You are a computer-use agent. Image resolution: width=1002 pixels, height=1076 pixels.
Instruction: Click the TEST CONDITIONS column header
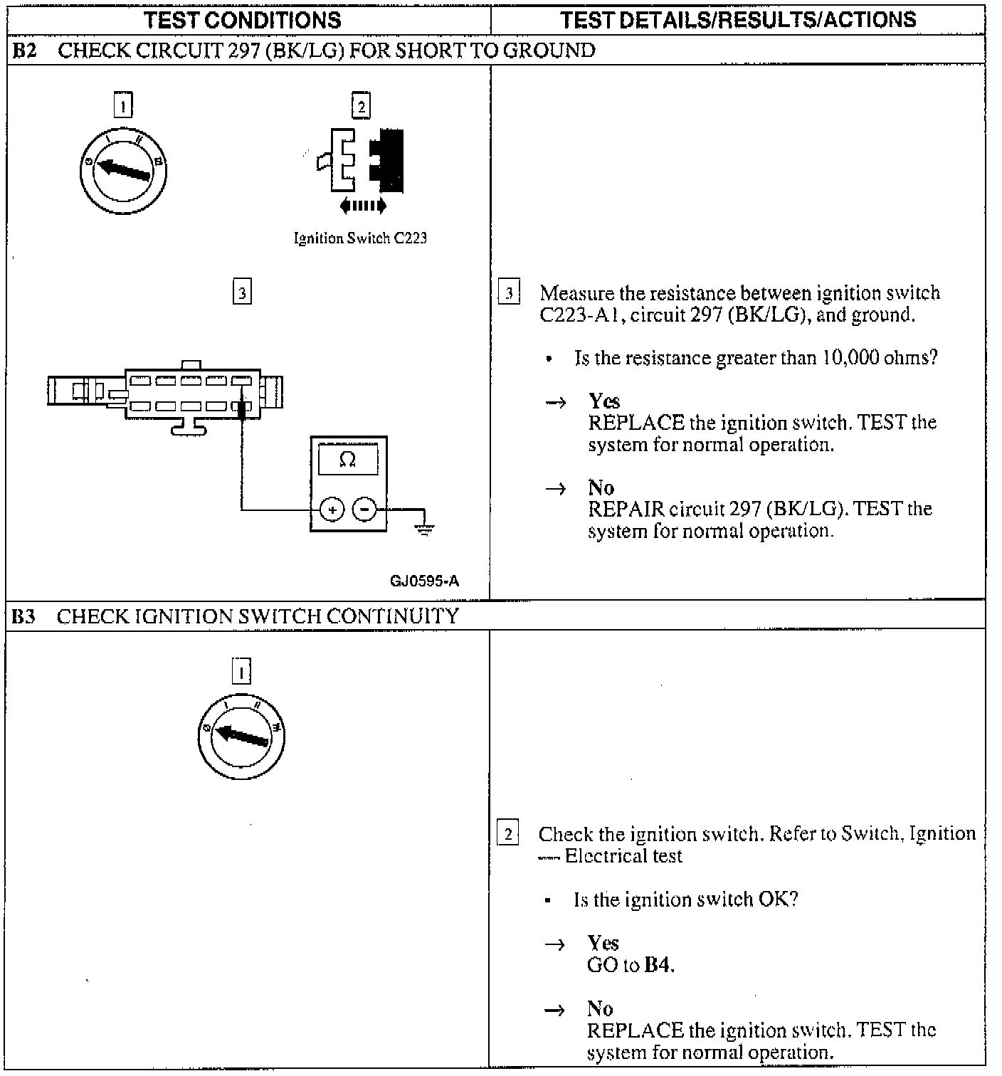(x=243, y=20)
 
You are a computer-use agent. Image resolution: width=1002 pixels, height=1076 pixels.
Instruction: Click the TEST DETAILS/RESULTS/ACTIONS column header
(x=738, y=20)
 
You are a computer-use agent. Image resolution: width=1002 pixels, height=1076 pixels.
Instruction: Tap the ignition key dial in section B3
(x=242, y=736)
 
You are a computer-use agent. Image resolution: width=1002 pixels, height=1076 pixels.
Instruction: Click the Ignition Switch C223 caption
(x=360, y=238)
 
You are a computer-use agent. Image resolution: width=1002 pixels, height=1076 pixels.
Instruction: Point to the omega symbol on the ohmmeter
(x=348, y=460)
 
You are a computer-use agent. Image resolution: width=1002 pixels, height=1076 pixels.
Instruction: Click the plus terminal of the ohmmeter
(x=332, y=510)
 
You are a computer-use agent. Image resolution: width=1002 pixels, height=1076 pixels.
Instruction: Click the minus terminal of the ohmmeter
(x=365, y=510)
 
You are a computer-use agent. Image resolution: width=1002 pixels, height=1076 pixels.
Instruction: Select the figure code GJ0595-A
(x=424, y=581)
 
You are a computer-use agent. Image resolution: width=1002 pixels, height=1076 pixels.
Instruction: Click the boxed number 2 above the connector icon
(x=361, y=107)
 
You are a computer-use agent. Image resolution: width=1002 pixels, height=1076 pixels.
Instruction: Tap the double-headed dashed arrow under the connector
(x=363, y=206)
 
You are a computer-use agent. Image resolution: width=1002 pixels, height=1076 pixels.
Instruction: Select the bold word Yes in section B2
(x=603, y=401)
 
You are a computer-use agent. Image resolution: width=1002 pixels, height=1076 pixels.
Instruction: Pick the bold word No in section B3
(x=600, y=1008)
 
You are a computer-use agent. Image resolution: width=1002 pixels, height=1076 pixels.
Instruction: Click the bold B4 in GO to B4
(x=658, y=965)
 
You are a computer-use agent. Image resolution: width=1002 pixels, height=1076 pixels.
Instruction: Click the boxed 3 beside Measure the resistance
(x=509, y=293)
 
